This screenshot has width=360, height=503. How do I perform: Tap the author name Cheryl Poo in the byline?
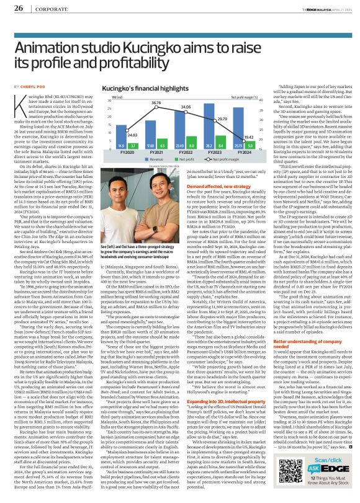coord(27,86)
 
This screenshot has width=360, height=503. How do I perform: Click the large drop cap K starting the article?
coord(20,107)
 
